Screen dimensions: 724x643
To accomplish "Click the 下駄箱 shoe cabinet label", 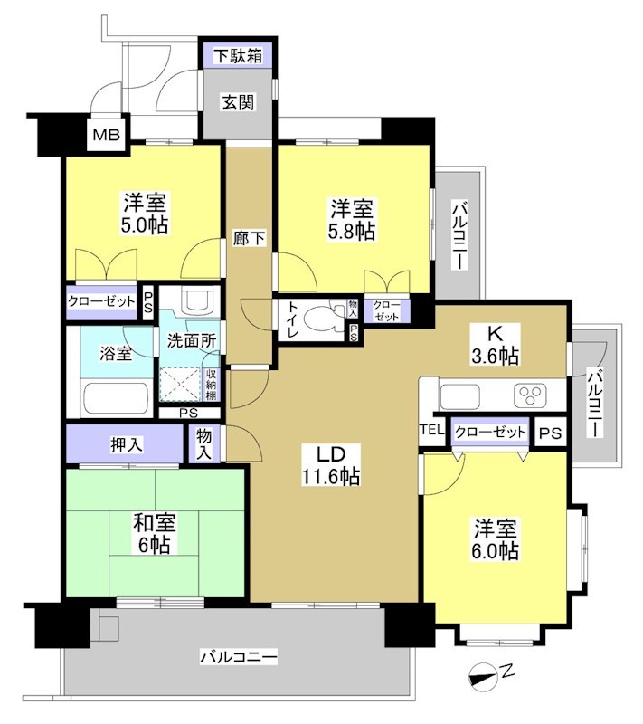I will tap(238, 56).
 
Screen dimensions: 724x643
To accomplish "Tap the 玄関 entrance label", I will tap(238, 100).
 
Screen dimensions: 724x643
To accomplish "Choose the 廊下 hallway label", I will tap(250, 239).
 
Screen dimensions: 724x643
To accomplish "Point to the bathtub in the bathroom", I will tap(116, 397).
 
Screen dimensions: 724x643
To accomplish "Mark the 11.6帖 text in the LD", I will tap(333, 475).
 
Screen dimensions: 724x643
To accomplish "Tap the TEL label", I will tap(432, 431).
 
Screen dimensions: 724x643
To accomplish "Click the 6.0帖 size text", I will tap(495, 550).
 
